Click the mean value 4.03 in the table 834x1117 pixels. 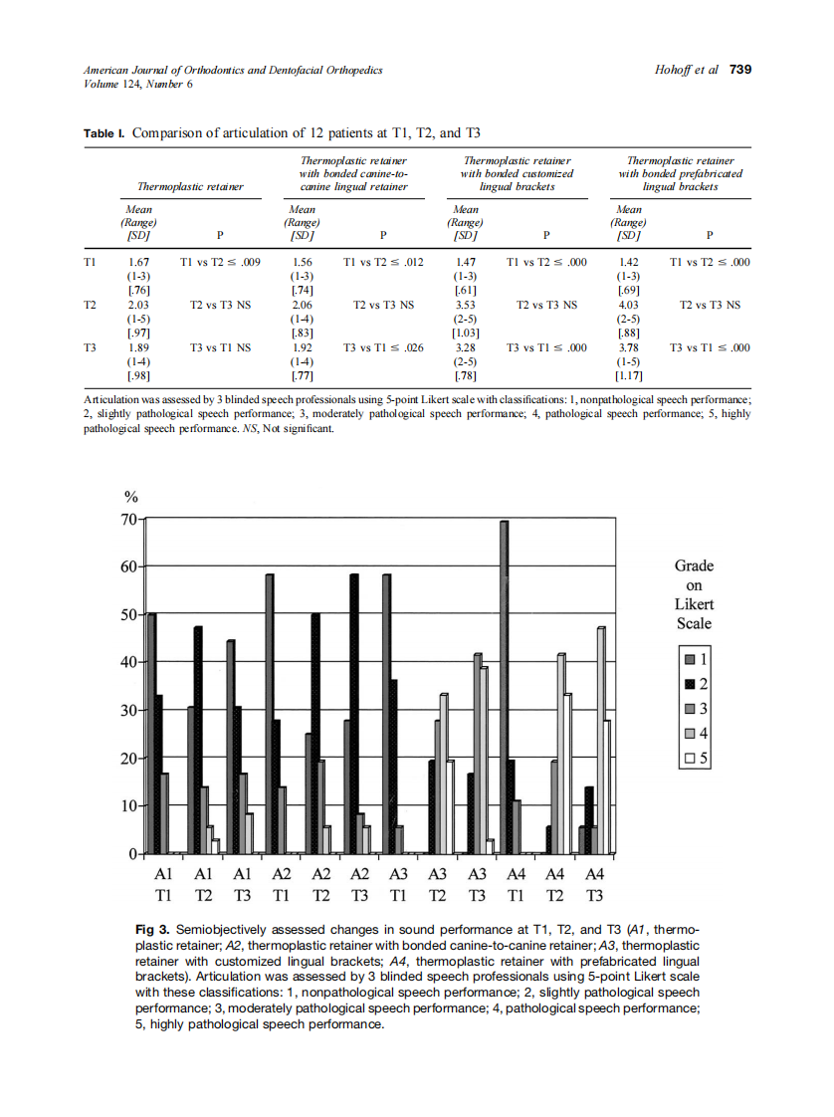pos(629,306)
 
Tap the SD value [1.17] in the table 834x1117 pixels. pos(629,377)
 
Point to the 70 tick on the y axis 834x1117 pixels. pos(129,520)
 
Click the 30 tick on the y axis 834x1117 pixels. pos(129,711)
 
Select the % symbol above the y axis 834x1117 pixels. pos(129,498)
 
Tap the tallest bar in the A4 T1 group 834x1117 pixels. pos(505,687)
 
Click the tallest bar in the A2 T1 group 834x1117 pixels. pos(270,713)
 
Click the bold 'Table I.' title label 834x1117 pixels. pos(104,133)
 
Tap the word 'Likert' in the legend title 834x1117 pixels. pos(694,604)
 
